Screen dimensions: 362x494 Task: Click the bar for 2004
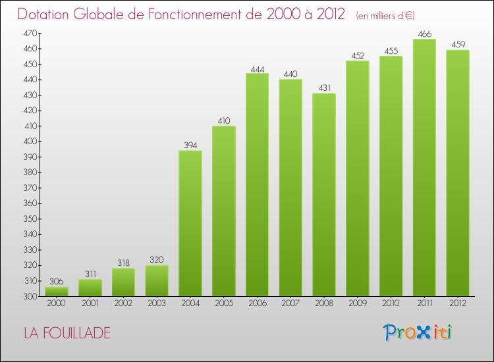pyautogui.click(x=190, y=224)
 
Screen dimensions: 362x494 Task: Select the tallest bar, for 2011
pyautogui.click(x=424, y=168)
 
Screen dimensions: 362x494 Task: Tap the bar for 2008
pyautogui.click(x=324, y=195)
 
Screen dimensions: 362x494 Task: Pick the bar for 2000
pyautogui.click(x=57, y=292)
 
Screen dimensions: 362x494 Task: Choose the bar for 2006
pyautogui.click(x=257, y=185)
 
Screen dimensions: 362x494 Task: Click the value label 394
pyautogui.click(x=190, y=146)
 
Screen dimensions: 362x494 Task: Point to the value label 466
pyautogui.click(x=424, y=34)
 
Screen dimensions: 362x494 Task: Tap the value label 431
pyautogui.click(x=324, y=88)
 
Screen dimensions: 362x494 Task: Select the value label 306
pyautogui.click(x=57, y=282)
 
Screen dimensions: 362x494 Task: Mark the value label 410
pyautogui.click(x=224, y=121)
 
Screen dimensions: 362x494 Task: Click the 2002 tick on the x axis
pyautogui.click(x=123, y=303)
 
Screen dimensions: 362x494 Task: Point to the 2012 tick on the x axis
pyautogui.click(x=458, y=303)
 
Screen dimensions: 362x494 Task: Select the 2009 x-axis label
pyautogui.click(x=358, y=303)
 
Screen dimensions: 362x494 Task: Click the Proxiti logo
pyautogui.click(x=418, y=332)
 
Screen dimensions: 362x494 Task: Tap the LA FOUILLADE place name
pyautogui.click(x=67, y=333)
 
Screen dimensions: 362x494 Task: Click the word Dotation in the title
pyautogui.click(x=49, y=14)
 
